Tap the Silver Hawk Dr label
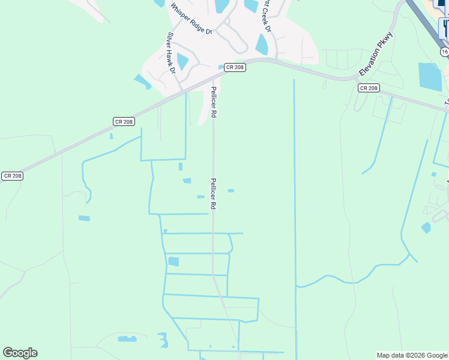coord(170,52)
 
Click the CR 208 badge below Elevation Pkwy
coord(369,88)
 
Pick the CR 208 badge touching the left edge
coord(12,176)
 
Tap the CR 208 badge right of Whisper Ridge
coord(234,68)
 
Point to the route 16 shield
coord(444,52)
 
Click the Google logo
coord(20,353)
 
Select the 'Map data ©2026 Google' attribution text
coord(412,355)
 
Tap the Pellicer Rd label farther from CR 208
coord(212,193)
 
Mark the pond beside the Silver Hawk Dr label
coord(182,61)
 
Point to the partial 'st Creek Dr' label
coord(265,16)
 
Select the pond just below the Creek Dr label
coord(262,44)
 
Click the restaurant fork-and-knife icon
coord(446,26)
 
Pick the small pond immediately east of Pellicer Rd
coord(231,191)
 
